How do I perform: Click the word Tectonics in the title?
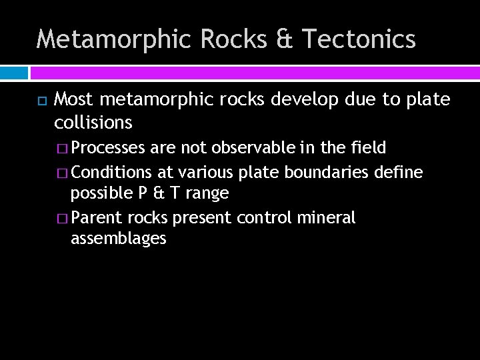pos(359,39)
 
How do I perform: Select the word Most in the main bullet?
pos(73,100)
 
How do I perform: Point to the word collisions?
pos(93,123)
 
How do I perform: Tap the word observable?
pos(255,148)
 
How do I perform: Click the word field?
pos(369,148)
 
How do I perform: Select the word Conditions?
pos(112,172)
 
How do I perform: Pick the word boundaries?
pos(325,172)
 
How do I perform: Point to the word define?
pos(398,172)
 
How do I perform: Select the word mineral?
pos(331,217)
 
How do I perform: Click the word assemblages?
pos(118,239)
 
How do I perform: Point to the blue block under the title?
pos(13,73)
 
